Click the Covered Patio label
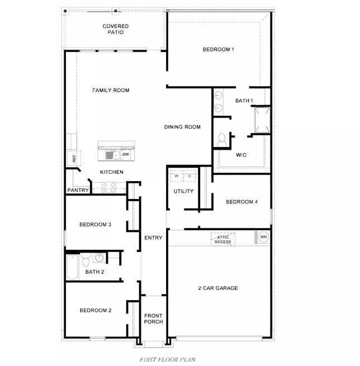pyautogui.click(x=115, y=29)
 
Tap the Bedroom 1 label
pyautogui.click(x=218, y=50)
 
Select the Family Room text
pyautogui.click(x=111, y=90)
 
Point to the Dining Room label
pyautogui.click(x=182, y=127)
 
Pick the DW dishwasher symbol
pyautogui.click(x=125, y=155)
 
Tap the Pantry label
pyautogui.click(x=78, y=190)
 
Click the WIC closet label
pyautogui.click(x=241, y=155)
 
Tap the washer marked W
pyautogui.click(x=177, y=176)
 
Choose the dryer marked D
pyautogui.click(x=190, y=176)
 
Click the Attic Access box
pyautogui.click(x=222, y=239)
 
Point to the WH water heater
pyautogui.click(x=263, y=237)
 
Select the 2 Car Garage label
pyautogui.click(x=218, y=288)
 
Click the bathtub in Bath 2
pyautogui.click(x=72, y=268)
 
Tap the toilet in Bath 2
pyautogui.click(x=86, y=260)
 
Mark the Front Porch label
pyautogui.click(x=153, y=319)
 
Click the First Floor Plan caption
pyautogui.click(x=168, y=359)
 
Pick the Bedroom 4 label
pyautogui.click(x=241, y=202)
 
